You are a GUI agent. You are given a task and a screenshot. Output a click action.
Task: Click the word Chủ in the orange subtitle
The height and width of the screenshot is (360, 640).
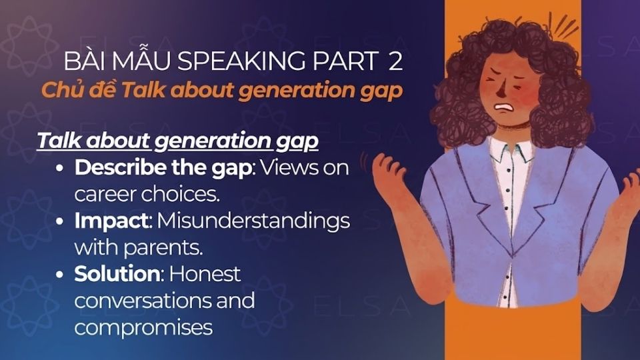click(60, 90)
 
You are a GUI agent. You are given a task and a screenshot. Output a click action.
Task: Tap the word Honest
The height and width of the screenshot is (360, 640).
click(208, 273)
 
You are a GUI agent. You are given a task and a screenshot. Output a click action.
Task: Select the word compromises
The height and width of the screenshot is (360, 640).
click(143, 327)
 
